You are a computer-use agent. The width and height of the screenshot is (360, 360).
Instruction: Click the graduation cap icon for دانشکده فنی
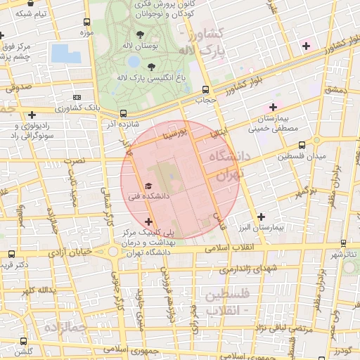[148, 186]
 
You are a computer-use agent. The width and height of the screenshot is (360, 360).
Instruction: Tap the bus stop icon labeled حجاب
[205, 89]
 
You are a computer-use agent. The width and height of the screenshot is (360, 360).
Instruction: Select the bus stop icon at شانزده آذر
[124, 112]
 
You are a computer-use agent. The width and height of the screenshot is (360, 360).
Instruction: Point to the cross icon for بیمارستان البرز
[262, 217]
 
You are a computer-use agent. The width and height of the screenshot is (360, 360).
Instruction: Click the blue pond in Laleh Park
[61, 53]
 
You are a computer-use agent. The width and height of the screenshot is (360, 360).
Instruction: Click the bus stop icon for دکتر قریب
[11, 254]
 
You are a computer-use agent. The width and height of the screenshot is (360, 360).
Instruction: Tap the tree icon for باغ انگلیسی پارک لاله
[151, 67]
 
